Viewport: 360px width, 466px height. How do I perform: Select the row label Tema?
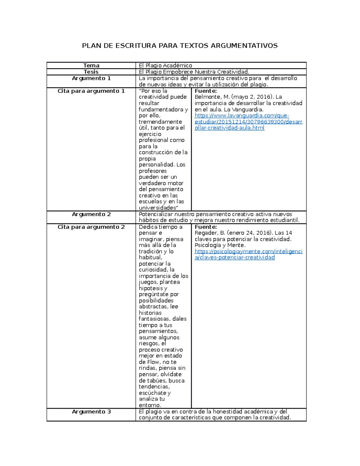pyautogui.click(x=91, y=65)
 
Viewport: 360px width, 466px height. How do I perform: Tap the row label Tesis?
pyautogui.click(x=91, y=72)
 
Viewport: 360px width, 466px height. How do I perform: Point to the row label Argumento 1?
pyautogui.click(x=91, y=78)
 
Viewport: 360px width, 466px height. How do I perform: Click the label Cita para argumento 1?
pyautogui.click(x=91, y=91)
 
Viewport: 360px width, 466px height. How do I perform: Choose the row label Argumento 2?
pyautogui.click(x=91, y=214)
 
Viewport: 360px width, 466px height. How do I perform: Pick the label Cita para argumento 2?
pyautogui.click(x=91, y=227)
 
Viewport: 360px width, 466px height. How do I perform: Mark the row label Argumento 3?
pyautogui.click(x=91, y=412)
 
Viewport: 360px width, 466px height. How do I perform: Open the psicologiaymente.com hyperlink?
pyautogui.click(x=248, y=251)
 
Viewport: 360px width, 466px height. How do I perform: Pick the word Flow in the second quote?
pyautogui.click(x=153, y=362)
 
